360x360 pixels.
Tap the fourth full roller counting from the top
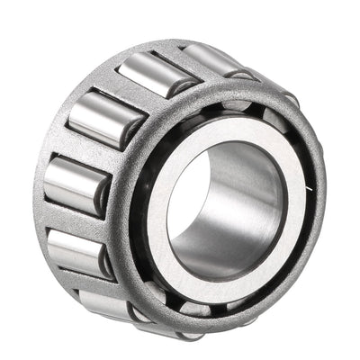pyautogui.click(x=78, y=252)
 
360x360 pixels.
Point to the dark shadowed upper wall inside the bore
pyautogui.click(x=229, y=162)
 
